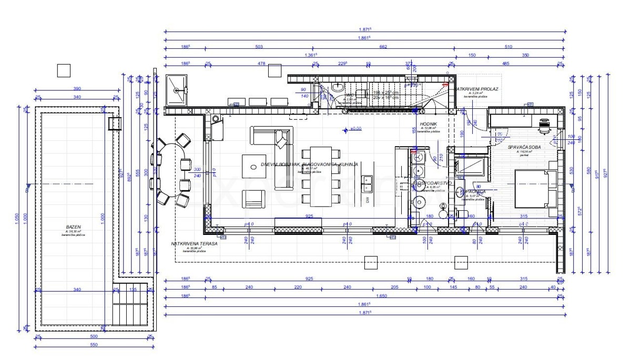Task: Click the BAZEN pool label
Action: tap(74, 227)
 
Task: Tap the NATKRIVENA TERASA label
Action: tap(194, 244)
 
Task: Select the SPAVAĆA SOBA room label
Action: tap(524, 148)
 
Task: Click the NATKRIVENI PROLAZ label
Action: tap(477, 89)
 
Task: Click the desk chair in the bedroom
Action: tap(545, 124)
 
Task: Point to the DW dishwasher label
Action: tap(368, 200)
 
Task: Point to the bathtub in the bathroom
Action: tap(471, 168)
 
